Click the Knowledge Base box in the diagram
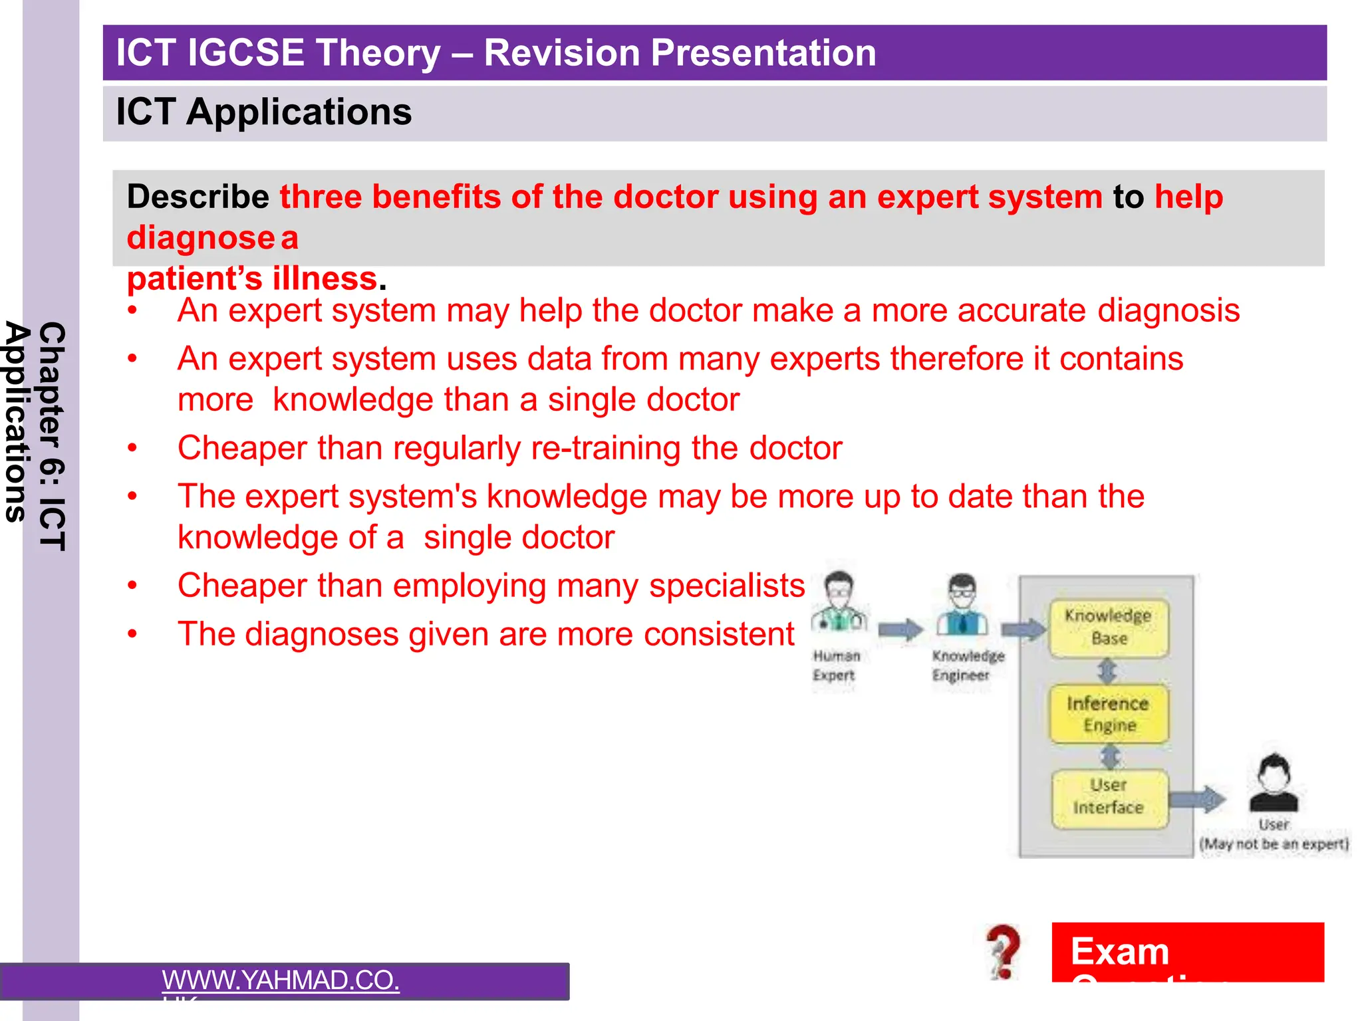pyautogui.click(x=1109, y=627)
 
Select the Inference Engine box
pyautogui.click(x=1109, y=714)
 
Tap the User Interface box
pyautogui.click(x=1109, y=796)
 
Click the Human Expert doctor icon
pyautogui.click(x=839, y=604)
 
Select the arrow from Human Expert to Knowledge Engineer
pyautogui.click(x=900, y=629)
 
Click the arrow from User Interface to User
pyautogui.click(x=1197, y=798)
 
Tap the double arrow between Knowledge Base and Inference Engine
pyautogui.click(x=1107, y=671)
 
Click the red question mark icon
pyautogui.click(x=1004, y=952)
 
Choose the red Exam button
pyautogui.click(x=1187, y=952)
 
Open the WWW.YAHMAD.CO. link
pyautogui.click(x=281, y=980)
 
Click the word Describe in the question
pyautogui.click(x=198, y=197)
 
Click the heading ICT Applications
pyautogui.click(x=264, y=112)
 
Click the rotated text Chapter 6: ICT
pyautogui.click(x=52, y=436)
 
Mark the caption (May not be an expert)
pyautogui.click(x=1274, y=844)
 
